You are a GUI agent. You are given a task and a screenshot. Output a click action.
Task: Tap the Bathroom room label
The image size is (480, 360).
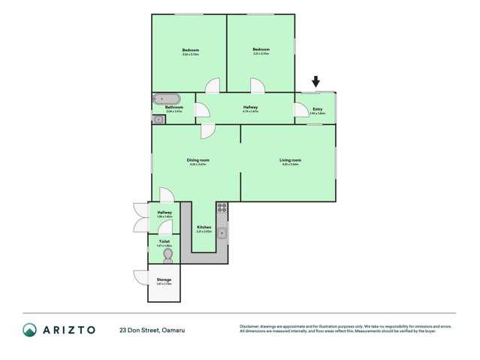[174, 107]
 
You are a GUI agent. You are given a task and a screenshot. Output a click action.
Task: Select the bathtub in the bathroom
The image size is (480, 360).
[166, 98]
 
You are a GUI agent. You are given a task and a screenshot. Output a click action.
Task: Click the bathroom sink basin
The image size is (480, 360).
[158, 119]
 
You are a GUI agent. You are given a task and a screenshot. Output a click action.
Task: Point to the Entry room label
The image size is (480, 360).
[317, 108]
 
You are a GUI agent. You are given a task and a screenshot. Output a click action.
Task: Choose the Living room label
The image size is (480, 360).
[290, 160]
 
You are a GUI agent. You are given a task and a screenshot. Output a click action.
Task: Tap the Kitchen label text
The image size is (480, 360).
[204, 227]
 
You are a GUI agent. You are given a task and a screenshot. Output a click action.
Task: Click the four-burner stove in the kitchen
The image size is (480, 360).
[222, 206]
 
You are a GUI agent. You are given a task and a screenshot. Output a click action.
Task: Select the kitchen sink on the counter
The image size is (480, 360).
[222, 231]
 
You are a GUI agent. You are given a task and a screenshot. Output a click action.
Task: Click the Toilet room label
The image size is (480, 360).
[164, 241]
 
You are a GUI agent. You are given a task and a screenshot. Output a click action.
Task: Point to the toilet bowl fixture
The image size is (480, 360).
[168, 256]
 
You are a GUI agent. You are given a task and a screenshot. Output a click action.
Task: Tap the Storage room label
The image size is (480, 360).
[164, 280]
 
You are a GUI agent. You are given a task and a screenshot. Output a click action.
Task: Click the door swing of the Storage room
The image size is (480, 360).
[141, 277]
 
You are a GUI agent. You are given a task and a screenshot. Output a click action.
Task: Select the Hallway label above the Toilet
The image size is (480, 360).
[165, 213]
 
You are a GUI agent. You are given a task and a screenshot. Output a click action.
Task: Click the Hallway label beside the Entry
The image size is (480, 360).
[250, 107]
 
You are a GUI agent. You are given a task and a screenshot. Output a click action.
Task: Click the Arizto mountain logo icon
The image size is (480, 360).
[29, 330]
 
